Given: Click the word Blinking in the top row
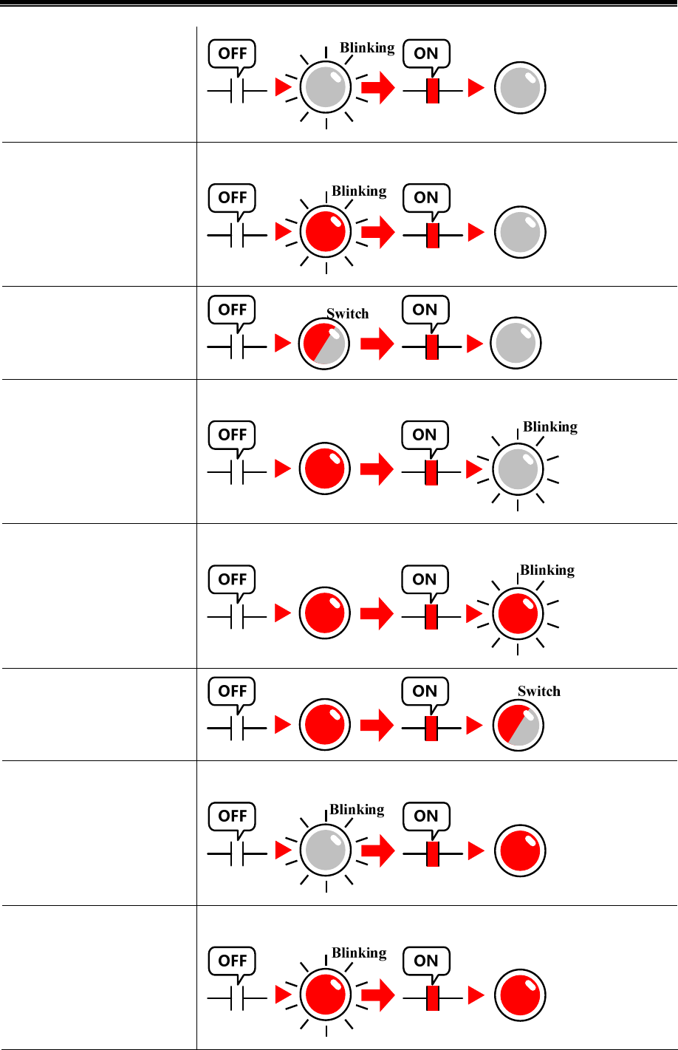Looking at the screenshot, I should pos(367,47).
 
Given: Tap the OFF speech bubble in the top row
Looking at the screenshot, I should pos(233,54).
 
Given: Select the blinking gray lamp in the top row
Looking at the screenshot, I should pos(326,87).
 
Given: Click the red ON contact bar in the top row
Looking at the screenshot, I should pos(433,90).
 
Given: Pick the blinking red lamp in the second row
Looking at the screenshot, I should pos(326,231).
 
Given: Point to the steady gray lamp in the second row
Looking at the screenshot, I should pos(520,232).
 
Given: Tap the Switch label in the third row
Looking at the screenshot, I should pos(347,313).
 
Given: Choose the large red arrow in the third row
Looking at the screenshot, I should pos(377,344).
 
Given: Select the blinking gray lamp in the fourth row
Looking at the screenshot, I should pos(518,469).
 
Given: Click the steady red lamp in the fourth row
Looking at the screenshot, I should pos(323,469).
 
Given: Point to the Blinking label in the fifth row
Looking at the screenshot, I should pos(547,570).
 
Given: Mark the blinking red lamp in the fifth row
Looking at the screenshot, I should pos(518,613).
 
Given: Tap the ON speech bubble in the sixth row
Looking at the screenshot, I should pos(425,692).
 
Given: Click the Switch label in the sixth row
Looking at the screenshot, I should pos(538,692).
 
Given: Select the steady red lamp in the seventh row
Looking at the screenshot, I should pos(520,850).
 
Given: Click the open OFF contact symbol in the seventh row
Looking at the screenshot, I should pos(237,853).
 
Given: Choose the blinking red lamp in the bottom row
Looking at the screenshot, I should pos(326,995).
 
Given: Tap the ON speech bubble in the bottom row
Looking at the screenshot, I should pos(426,961).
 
